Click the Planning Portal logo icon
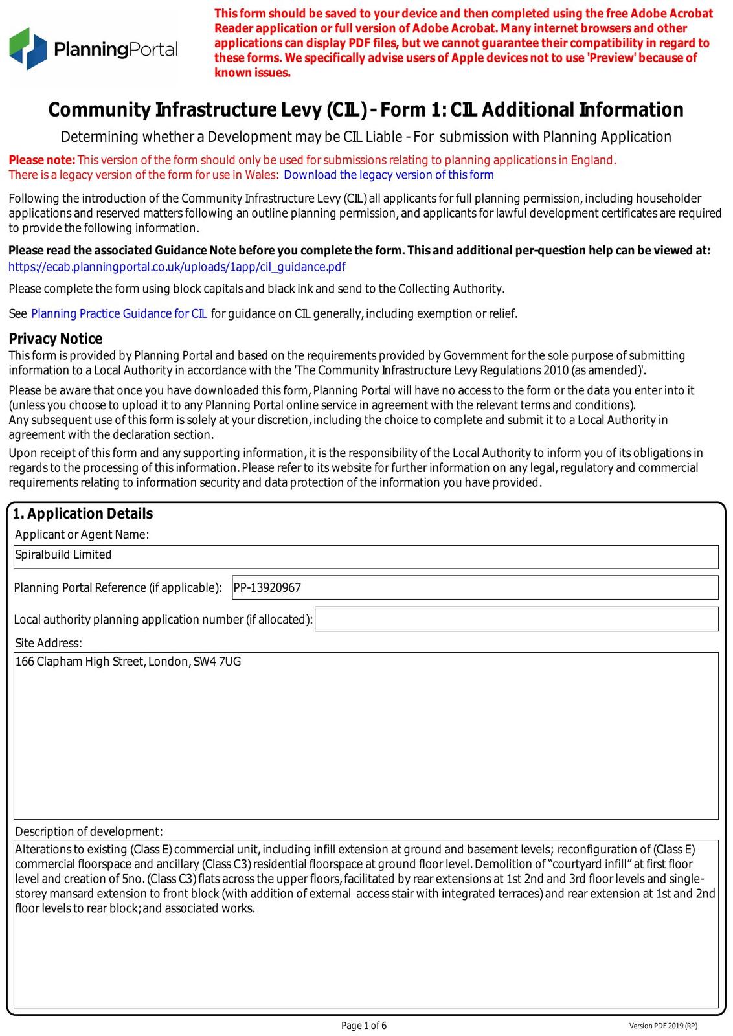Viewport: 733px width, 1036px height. [x=28, y=49]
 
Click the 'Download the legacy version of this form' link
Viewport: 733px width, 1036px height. [x=389, y=175]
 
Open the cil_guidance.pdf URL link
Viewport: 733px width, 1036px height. [x=177, y=267]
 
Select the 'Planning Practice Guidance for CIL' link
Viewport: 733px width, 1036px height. [x=119, y=314]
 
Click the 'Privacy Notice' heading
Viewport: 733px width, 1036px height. [x=56, y=339]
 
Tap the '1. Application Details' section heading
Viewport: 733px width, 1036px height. [x=83, y=513]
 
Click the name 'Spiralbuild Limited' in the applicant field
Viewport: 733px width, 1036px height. [x=63, y=555]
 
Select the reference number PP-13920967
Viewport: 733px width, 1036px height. [x=267, y=588]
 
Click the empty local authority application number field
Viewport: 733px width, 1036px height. [x=516, y=619]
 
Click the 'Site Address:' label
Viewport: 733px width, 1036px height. [x=49, y=643]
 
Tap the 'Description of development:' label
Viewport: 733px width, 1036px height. [x=89, y=831]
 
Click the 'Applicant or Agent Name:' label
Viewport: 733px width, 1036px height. [x=82, y=534]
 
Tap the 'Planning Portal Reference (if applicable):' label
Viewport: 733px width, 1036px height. [x=118, y=588]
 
